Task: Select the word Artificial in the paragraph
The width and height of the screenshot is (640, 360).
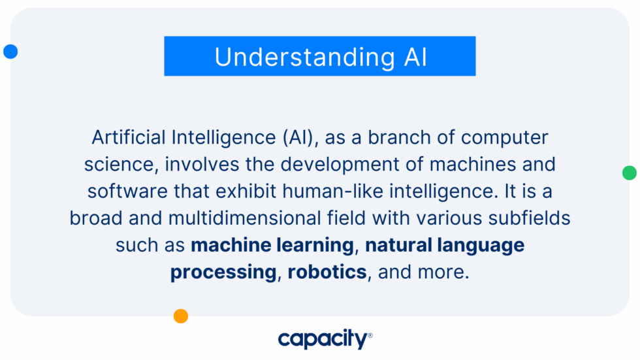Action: coord(128,138)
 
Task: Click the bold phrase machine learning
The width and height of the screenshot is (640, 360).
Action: coord(272,245)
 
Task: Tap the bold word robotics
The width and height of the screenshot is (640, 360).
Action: coord(327,272)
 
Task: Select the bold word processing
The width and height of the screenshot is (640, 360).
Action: coord(223,272)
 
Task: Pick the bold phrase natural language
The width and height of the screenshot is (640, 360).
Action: coord(445,245)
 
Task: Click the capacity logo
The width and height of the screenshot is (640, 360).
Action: coord(324,339)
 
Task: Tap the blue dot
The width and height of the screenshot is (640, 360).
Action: coord(10,52)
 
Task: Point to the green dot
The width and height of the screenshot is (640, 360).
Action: coord(629,173)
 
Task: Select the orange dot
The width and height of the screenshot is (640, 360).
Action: coord(181,316)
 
